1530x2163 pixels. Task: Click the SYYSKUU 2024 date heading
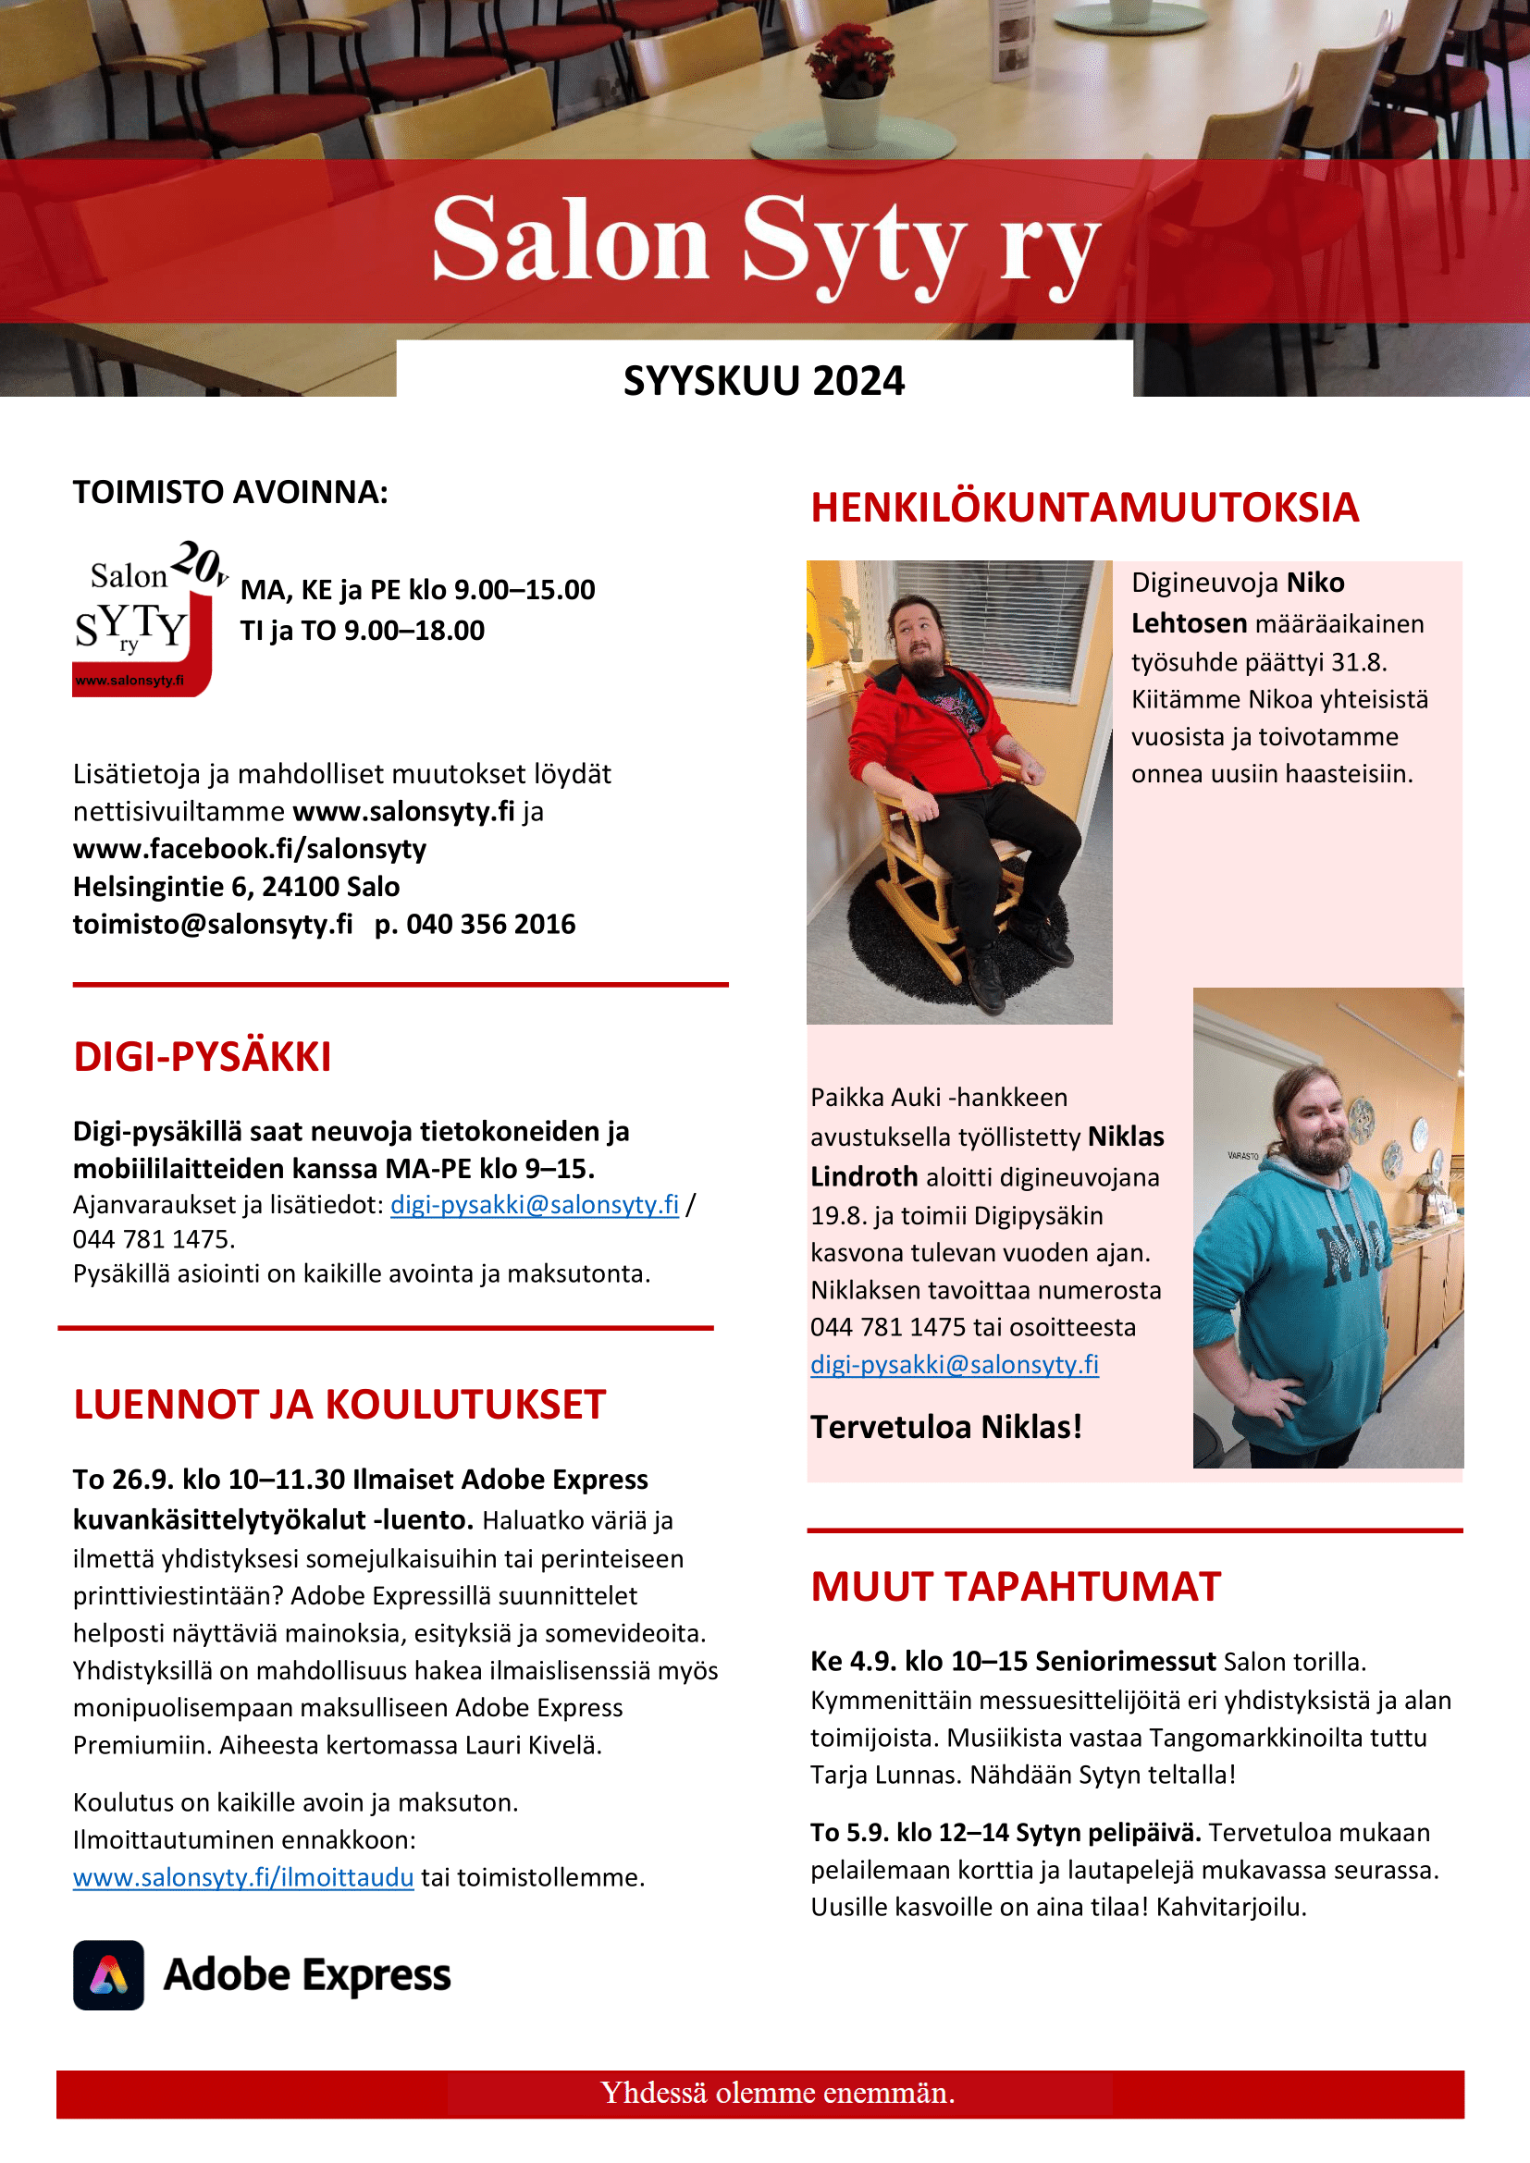763,382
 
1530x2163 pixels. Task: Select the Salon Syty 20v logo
147,618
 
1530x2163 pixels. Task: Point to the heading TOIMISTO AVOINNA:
231,493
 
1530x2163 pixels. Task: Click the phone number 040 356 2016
490,924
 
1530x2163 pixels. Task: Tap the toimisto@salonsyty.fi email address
213,924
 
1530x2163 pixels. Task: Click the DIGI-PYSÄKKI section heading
203,1057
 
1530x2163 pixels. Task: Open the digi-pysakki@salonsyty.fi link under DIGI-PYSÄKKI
534,1205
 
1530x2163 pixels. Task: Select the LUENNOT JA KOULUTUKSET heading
339,1405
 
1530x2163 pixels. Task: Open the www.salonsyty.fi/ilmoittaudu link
243,1877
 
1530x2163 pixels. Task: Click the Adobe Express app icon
108,1975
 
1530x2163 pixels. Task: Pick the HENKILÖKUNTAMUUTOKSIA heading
1084,508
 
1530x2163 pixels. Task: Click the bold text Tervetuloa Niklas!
946,1427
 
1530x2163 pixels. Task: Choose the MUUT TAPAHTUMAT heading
1016,1588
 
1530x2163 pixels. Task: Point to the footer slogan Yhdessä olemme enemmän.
777,2093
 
